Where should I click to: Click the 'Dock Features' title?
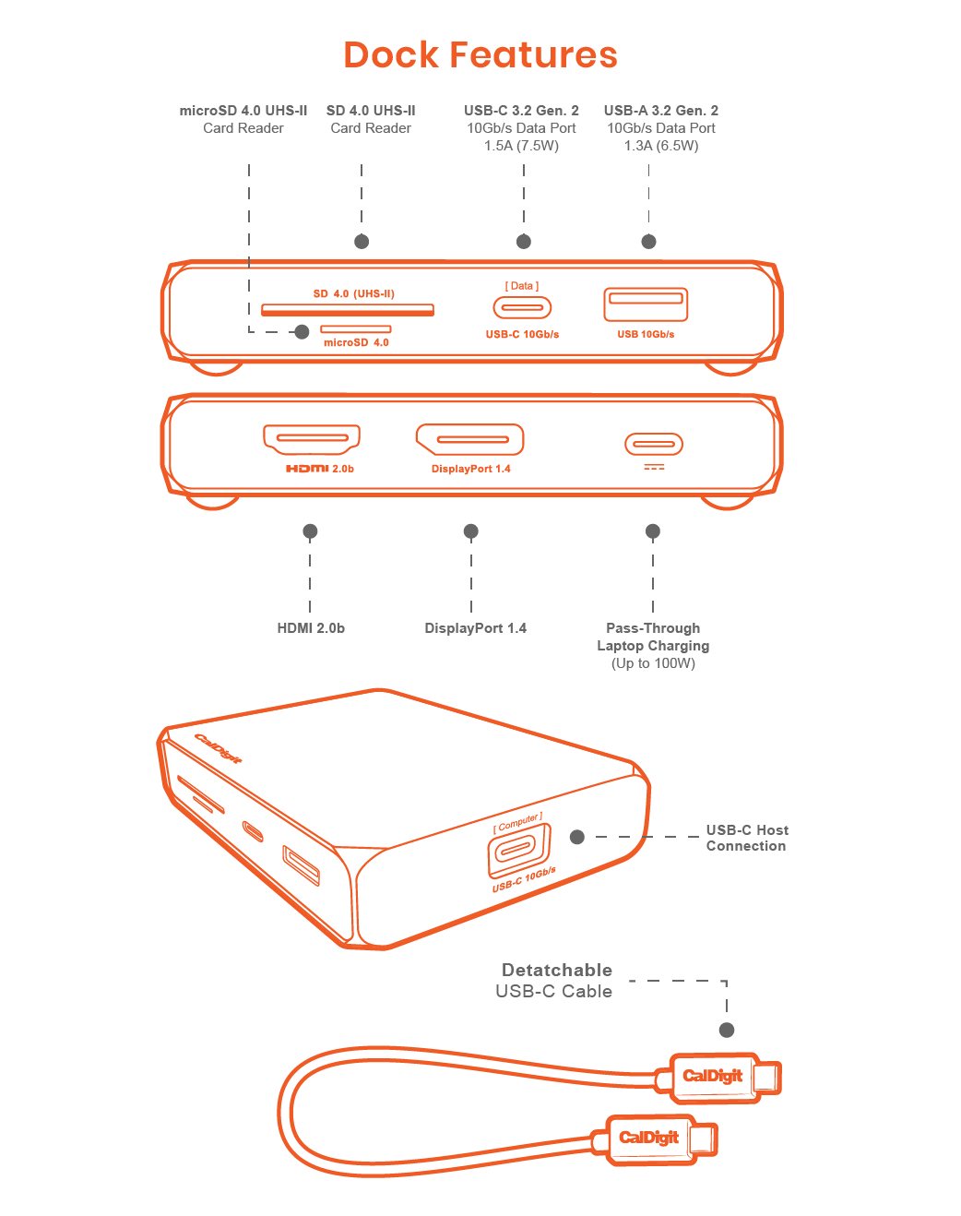[x=480, y=55]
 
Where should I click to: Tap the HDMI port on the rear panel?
[x=312, y=438]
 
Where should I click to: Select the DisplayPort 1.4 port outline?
[x=470, y=439]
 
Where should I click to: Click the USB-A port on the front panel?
[x=646, y=304]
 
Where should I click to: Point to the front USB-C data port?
[x=522, y=307]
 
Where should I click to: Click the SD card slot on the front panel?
[x=348, y=309]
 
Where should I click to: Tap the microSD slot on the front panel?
[x=355, y=329]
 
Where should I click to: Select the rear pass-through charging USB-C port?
[x=653, y=444]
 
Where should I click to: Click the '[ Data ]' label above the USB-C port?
[x=522, y=286]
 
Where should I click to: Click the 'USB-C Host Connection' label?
[x=747, y=838]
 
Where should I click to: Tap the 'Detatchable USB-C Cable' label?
[x=555, y=981]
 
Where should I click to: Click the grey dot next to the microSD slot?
[x=302, y=331]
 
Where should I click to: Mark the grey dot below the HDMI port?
[x=310, y=531]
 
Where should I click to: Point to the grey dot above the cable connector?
[x=727, y=1030]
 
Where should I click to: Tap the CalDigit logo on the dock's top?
[x=219, y=748]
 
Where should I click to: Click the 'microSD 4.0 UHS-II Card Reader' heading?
[x=243, y=119]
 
